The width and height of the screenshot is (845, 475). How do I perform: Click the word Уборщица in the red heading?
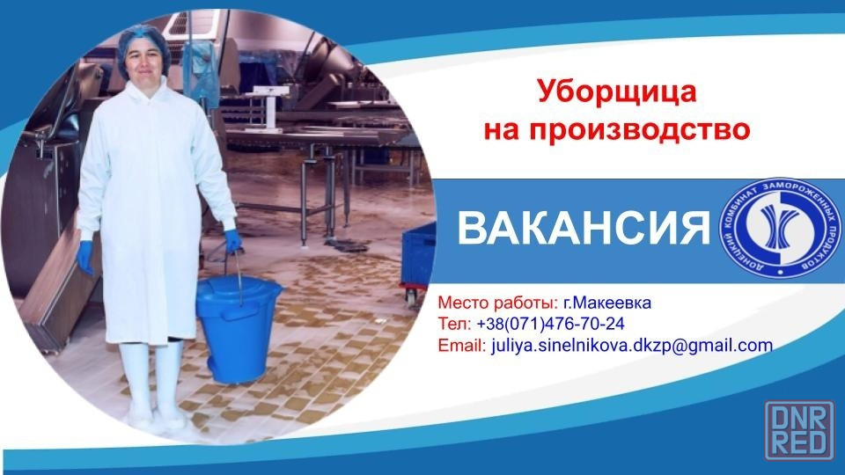616,92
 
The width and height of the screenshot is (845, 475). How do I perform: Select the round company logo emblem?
781,228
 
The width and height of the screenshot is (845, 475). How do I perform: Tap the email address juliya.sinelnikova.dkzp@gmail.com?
632,345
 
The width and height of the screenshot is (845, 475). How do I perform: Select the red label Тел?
455,324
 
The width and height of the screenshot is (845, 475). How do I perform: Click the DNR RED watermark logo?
799,430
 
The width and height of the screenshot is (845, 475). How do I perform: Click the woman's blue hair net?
143,46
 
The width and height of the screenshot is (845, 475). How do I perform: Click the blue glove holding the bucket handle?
232,241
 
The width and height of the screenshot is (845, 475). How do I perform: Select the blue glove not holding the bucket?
85,257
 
